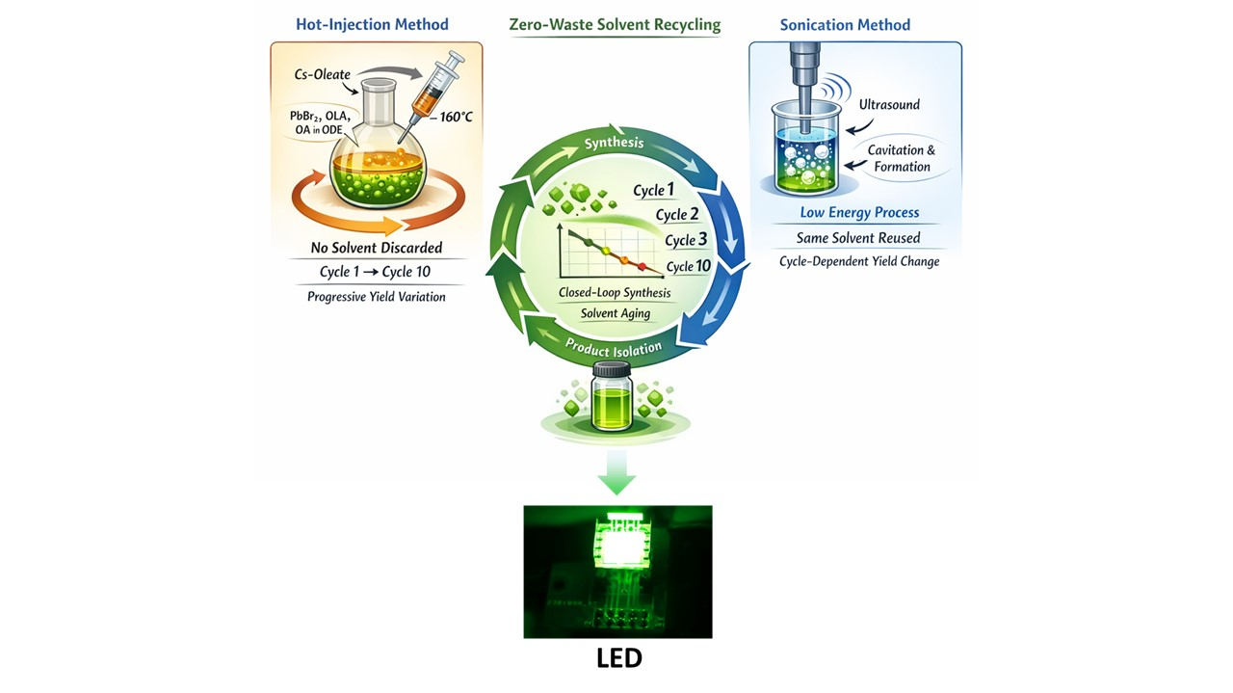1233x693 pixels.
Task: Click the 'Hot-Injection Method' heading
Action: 372,24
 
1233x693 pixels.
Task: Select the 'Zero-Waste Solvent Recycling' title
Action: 615,25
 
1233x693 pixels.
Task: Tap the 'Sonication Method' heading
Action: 845,25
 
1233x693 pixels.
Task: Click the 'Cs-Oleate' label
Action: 323,74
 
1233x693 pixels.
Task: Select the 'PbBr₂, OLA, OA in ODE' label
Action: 320,122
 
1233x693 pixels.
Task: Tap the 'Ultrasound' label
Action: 889,105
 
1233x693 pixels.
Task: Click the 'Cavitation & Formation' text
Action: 902,158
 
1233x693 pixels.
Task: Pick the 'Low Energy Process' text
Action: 860,213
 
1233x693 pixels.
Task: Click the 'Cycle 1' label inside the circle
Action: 654,190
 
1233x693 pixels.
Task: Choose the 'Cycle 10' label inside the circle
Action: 689,267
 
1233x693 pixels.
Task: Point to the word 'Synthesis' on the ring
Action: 614,143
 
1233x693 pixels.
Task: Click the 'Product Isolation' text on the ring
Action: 614,348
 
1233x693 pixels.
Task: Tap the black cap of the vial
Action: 612,370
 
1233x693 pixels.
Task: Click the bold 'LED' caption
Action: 619,658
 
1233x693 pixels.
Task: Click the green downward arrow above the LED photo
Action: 617,472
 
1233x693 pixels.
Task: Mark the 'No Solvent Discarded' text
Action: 377,248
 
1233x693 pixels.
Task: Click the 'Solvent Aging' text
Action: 616,313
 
